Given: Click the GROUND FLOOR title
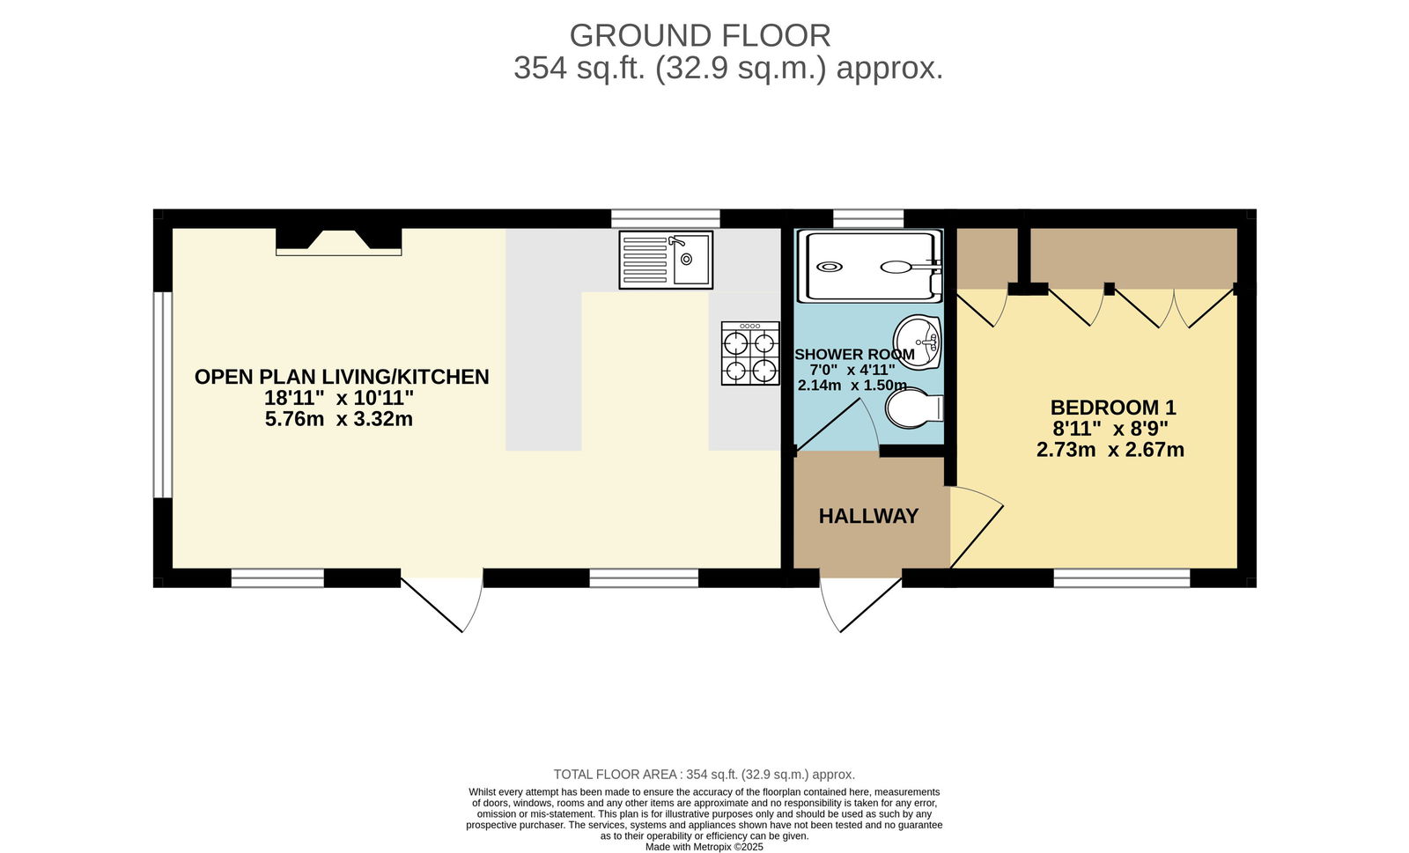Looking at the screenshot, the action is tap(700, 36).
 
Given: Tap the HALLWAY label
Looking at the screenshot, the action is tap(868, 516).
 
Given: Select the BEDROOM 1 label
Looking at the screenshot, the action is tap(1113, 408).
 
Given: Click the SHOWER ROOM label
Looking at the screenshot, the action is tap(855, 354).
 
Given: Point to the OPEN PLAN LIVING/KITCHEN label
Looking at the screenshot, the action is tap(342, 377).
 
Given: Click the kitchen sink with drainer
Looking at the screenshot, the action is tap(666, 260).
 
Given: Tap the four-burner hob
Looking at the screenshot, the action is tap(750, 353).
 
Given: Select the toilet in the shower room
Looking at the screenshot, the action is tap(914, 408).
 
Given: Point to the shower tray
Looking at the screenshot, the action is tap(870, 266).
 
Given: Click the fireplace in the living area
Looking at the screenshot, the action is tap(338, 242).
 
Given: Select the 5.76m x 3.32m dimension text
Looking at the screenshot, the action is tap(338, 419).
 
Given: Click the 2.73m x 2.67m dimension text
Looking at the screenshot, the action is tap(1110, 450).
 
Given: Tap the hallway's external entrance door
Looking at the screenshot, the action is tap(861, 605).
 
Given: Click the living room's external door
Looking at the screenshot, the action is tap(441, 605).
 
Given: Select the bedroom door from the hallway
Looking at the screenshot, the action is tap(977, 526).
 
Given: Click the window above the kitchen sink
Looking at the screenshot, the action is tap(666, 218).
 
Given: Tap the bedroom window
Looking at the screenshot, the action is tap(1122, 578).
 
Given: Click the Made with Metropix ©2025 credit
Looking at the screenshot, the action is tap(704, 847).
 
